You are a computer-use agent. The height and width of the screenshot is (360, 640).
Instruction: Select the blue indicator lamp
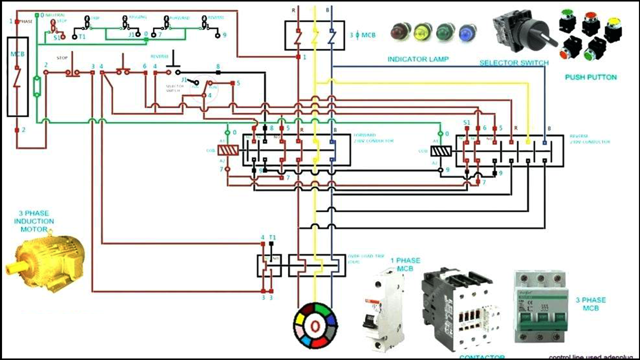click(x=467, y=33)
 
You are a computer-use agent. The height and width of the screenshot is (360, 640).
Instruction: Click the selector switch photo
click(x=522, y=31)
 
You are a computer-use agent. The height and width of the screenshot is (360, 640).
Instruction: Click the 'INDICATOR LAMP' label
click(x=418, y=59)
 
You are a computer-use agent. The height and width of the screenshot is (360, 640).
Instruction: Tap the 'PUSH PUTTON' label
click(x=590, y=77)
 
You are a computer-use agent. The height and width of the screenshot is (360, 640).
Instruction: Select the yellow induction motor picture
click(x=45, y=260)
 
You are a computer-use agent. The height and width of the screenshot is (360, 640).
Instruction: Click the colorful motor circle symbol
click(x=315, y=325)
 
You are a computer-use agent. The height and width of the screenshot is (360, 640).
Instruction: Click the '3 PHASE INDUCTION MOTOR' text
click(x=34, y=221)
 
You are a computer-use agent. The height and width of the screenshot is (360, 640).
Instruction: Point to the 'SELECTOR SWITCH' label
click(x=514, y=63)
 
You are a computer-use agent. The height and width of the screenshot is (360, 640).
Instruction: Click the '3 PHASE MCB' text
click(x=590, y=304)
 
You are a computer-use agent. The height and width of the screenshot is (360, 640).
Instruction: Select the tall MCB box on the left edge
click(x=17, y=76)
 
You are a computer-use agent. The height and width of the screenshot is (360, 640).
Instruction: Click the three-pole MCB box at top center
click(x=314, y=35)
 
